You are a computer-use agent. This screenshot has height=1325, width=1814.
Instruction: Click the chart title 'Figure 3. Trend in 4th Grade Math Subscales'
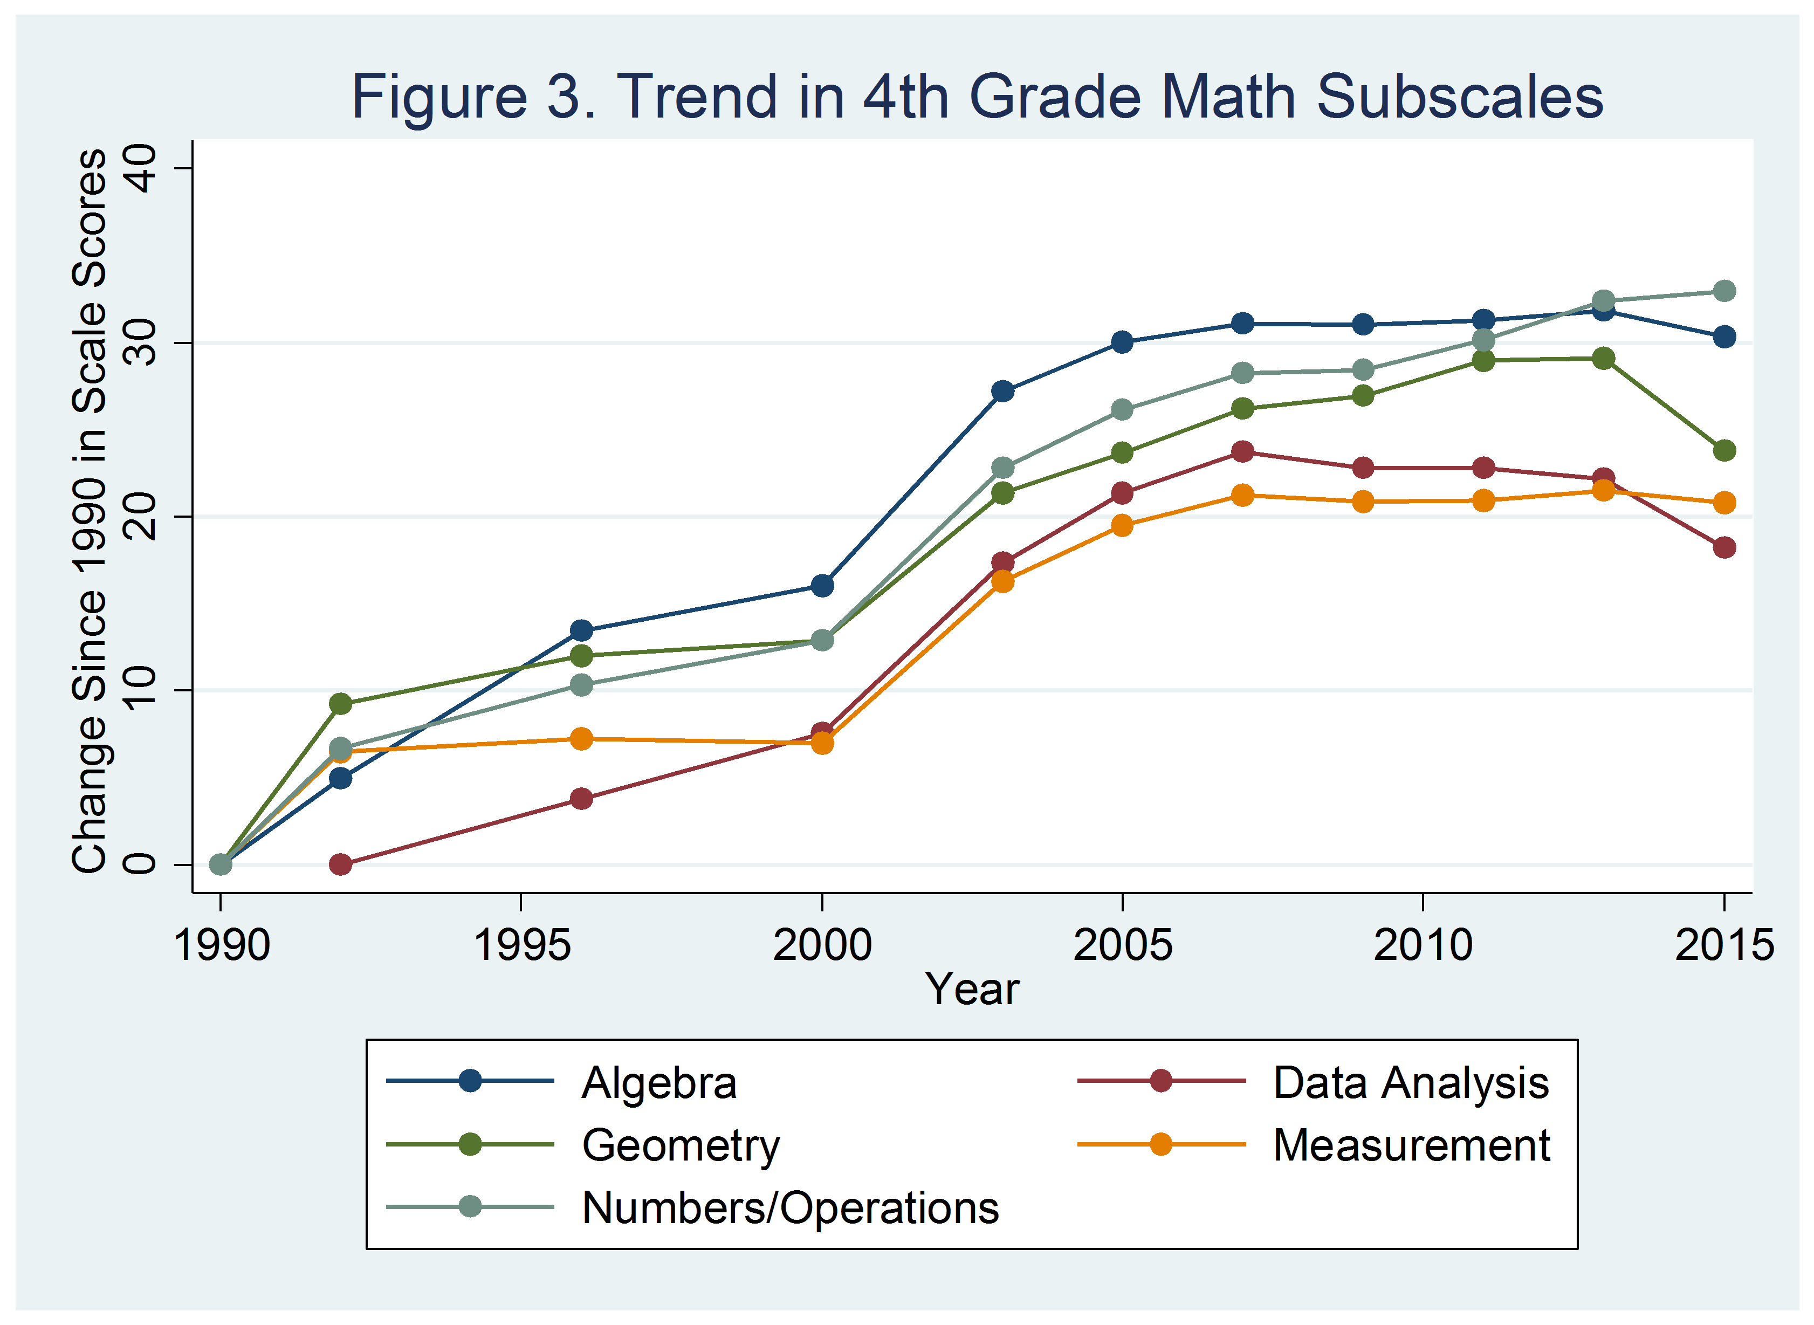(x=977, y=96)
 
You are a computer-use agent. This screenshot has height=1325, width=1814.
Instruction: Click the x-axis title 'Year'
(x=972, y=989)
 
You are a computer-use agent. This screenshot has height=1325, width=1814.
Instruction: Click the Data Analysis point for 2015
(x=1724, y=548)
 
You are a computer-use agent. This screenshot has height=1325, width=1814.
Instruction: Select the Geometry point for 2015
(x=1724, y=451)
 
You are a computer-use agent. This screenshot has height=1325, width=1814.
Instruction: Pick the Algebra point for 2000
(x=822, y=586)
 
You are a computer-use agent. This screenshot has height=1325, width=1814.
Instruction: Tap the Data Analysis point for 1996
(x=581, y=799)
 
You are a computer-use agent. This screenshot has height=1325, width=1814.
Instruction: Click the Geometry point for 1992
(x=341, y=704)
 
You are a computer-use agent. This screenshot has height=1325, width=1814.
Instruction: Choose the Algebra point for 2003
(x=1002, y=392)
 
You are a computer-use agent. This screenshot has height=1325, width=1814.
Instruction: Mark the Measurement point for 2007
(x=1242, y=496)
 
